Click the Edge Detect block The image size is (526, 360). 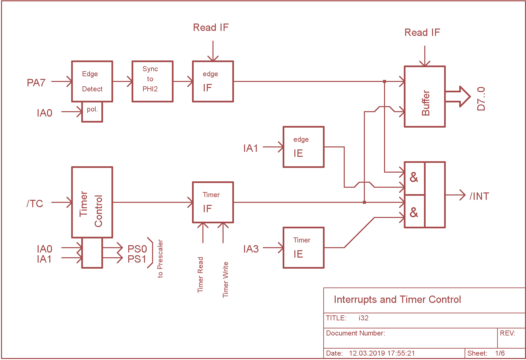point(92,81)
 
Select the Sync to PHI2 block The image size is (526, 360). point(152,81)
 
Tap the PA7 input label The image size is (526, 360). point(36,83)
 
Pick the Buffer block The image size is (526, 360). point(425,96)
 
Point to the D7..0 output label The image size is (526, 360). point(481,99)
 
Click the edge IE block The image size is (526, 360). point(303,147)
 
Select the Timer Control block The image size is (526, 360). point(92,202)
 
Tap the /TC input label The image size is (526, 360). point(35,204)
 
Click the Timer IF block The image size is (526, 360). point(213,202)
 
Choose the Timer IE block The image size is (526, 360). point(303,248)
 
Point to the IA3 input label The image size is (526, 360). point(251,249)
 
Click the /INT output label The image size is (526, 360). point(479,196)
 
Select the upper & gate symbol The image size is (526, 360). point(414,177)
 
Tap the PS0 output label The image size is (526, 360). point(137,249)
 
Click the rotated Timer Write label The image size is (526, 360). point(226,279)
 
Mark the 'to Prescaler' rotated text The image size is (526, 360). point(160,259)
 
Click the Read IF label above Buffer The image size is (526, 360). point(422,32)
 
